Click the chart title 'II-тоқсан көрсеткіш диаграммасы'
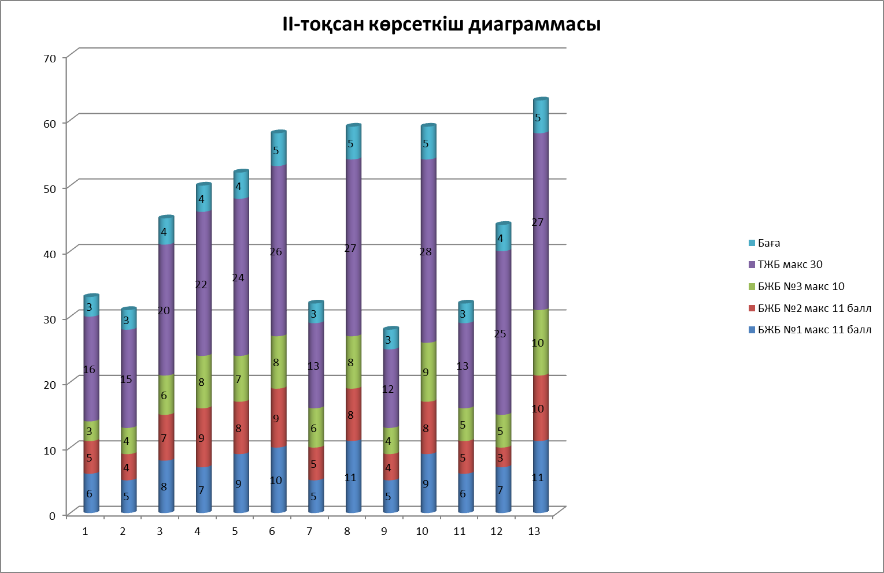pyautogui.click(x=441, y=24)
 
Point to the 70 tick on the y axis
pyautogui.click(x=50, y=58)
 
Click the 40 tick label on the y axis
pyautogui.click(x=50, y=254)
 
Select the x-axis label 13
pyautogui.click(x=534, y=531)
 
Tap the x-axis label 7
pyautogui.click(x=309, y=531)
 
